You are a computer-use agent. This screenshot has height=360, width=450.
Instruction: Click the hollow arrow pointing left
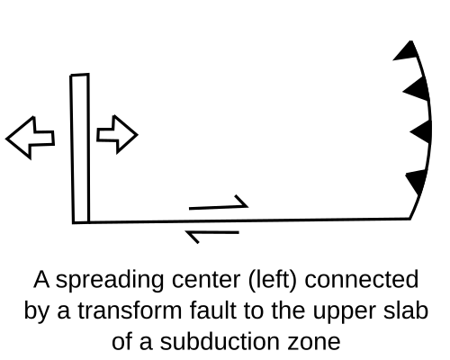tap(30, 138)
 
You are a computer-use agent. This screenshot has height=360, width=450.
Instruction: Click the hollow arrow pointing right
tap(118, 134)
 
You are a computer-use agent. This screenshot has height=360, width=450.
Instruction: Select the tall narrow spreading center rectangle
tap(80, 148)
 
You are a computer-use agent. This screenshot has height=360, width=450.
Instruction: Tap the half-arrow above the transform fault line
tap(219, 203)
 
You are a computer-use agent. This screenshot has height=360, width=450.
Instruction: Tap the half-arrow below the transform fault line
tap(212, 236)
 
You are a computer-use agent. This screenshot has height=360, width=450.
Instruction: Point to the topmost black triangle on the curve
tap(407, 51)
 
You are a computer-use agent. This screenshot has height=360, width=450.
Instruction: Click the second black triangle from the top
tap(417, 89)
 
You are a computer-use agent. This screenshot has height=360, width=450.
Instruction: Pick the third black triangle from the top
tap(422, 131)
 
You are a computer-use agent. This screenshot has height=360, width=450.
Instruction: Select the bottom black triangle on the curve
tap(417, 181)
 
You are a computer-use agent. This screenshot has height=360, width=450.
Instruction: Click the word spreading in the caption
tap(110, 280)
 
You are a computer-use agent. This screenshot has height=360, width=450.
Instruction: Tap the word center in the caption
tap(206, 280)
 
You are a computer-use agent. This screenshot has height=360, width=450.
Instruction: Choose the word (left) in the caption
tap(273, 280)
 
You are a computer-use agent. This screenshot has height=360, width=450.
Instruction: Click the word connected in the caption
tap(362, 280)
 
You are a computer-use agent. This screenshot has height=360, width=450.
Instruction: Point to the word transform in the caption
tap(130, 310)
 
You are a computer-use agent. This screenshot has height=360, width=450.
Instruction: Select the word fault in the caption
tap(212, 310)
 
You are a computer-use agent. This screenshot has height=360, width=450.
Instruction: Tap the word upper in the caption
tap(344, 312)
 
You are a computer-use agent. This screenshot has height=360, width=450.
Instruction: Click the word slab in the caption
tap(406, 310)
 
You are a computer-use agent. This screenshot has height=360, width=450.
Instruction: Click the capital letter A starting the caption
tap(41, 279)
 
